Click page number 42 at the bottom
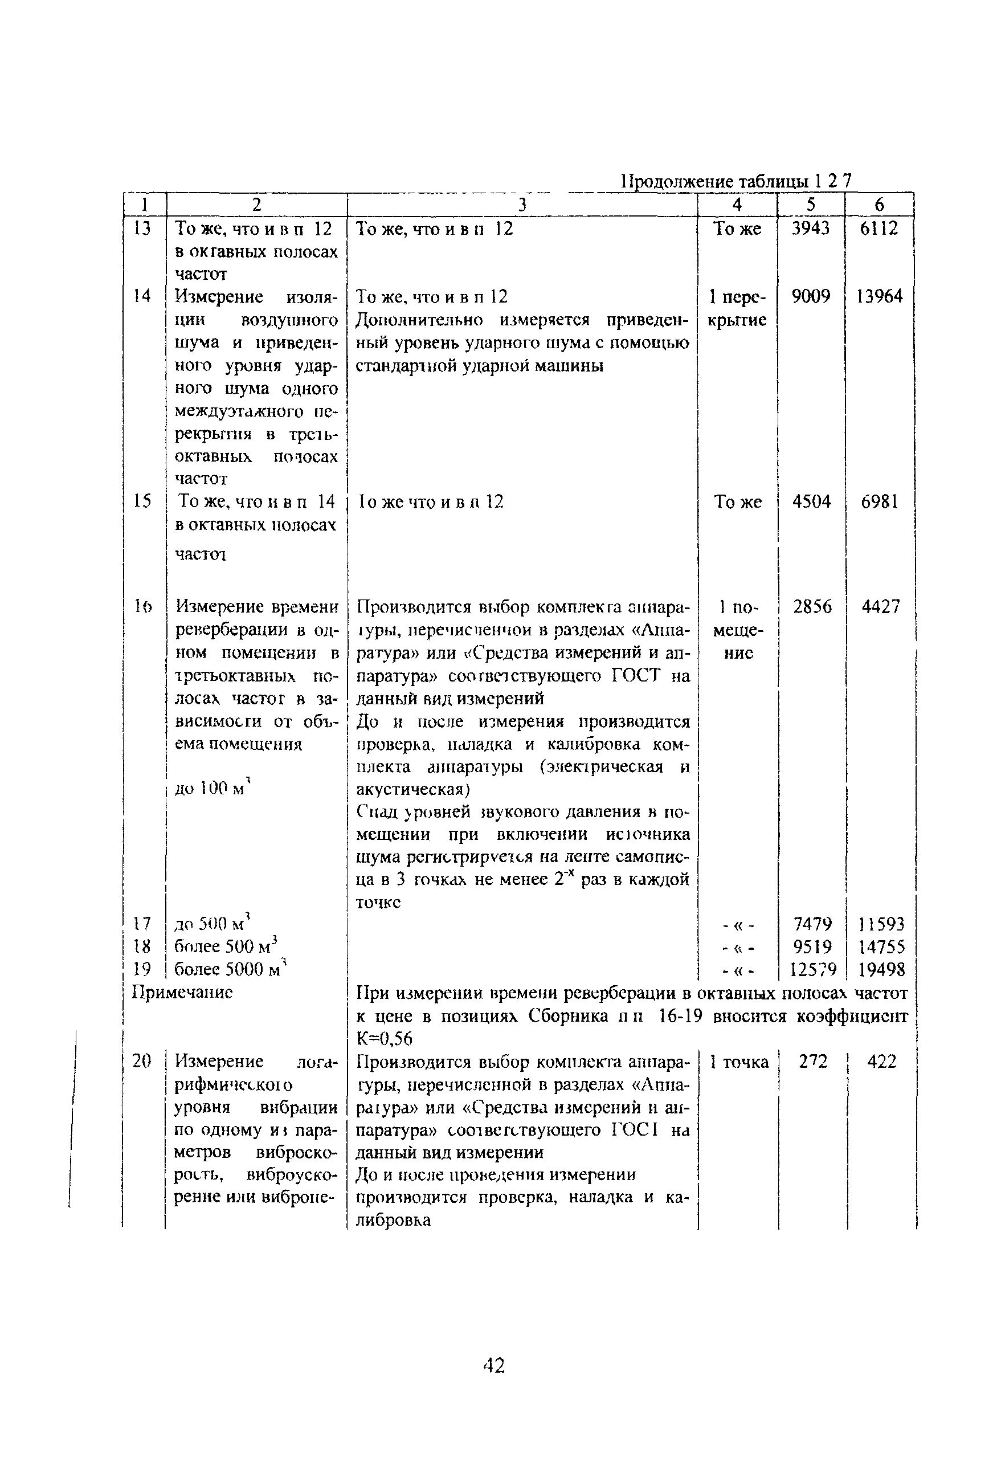click(493, 1365)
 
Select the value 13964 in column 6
click(880, 296)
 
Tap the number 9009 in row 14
click(811, 296)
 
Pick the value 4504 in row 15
click(811, 501)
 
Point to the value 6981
click(880, 501)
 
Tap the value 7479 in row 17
click(812, 924)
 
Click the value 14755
click(881, 947)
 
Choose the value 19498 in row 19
click(881, 970)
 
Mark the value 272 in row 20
click(813, 1062)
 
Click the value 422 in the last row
click(881, 1062)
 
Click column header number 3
click(522, 205)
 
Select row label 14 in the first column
click(142, 296)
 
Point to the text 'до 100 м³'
click(213, 789)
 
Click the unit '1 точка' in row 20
click(739, 1062)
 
